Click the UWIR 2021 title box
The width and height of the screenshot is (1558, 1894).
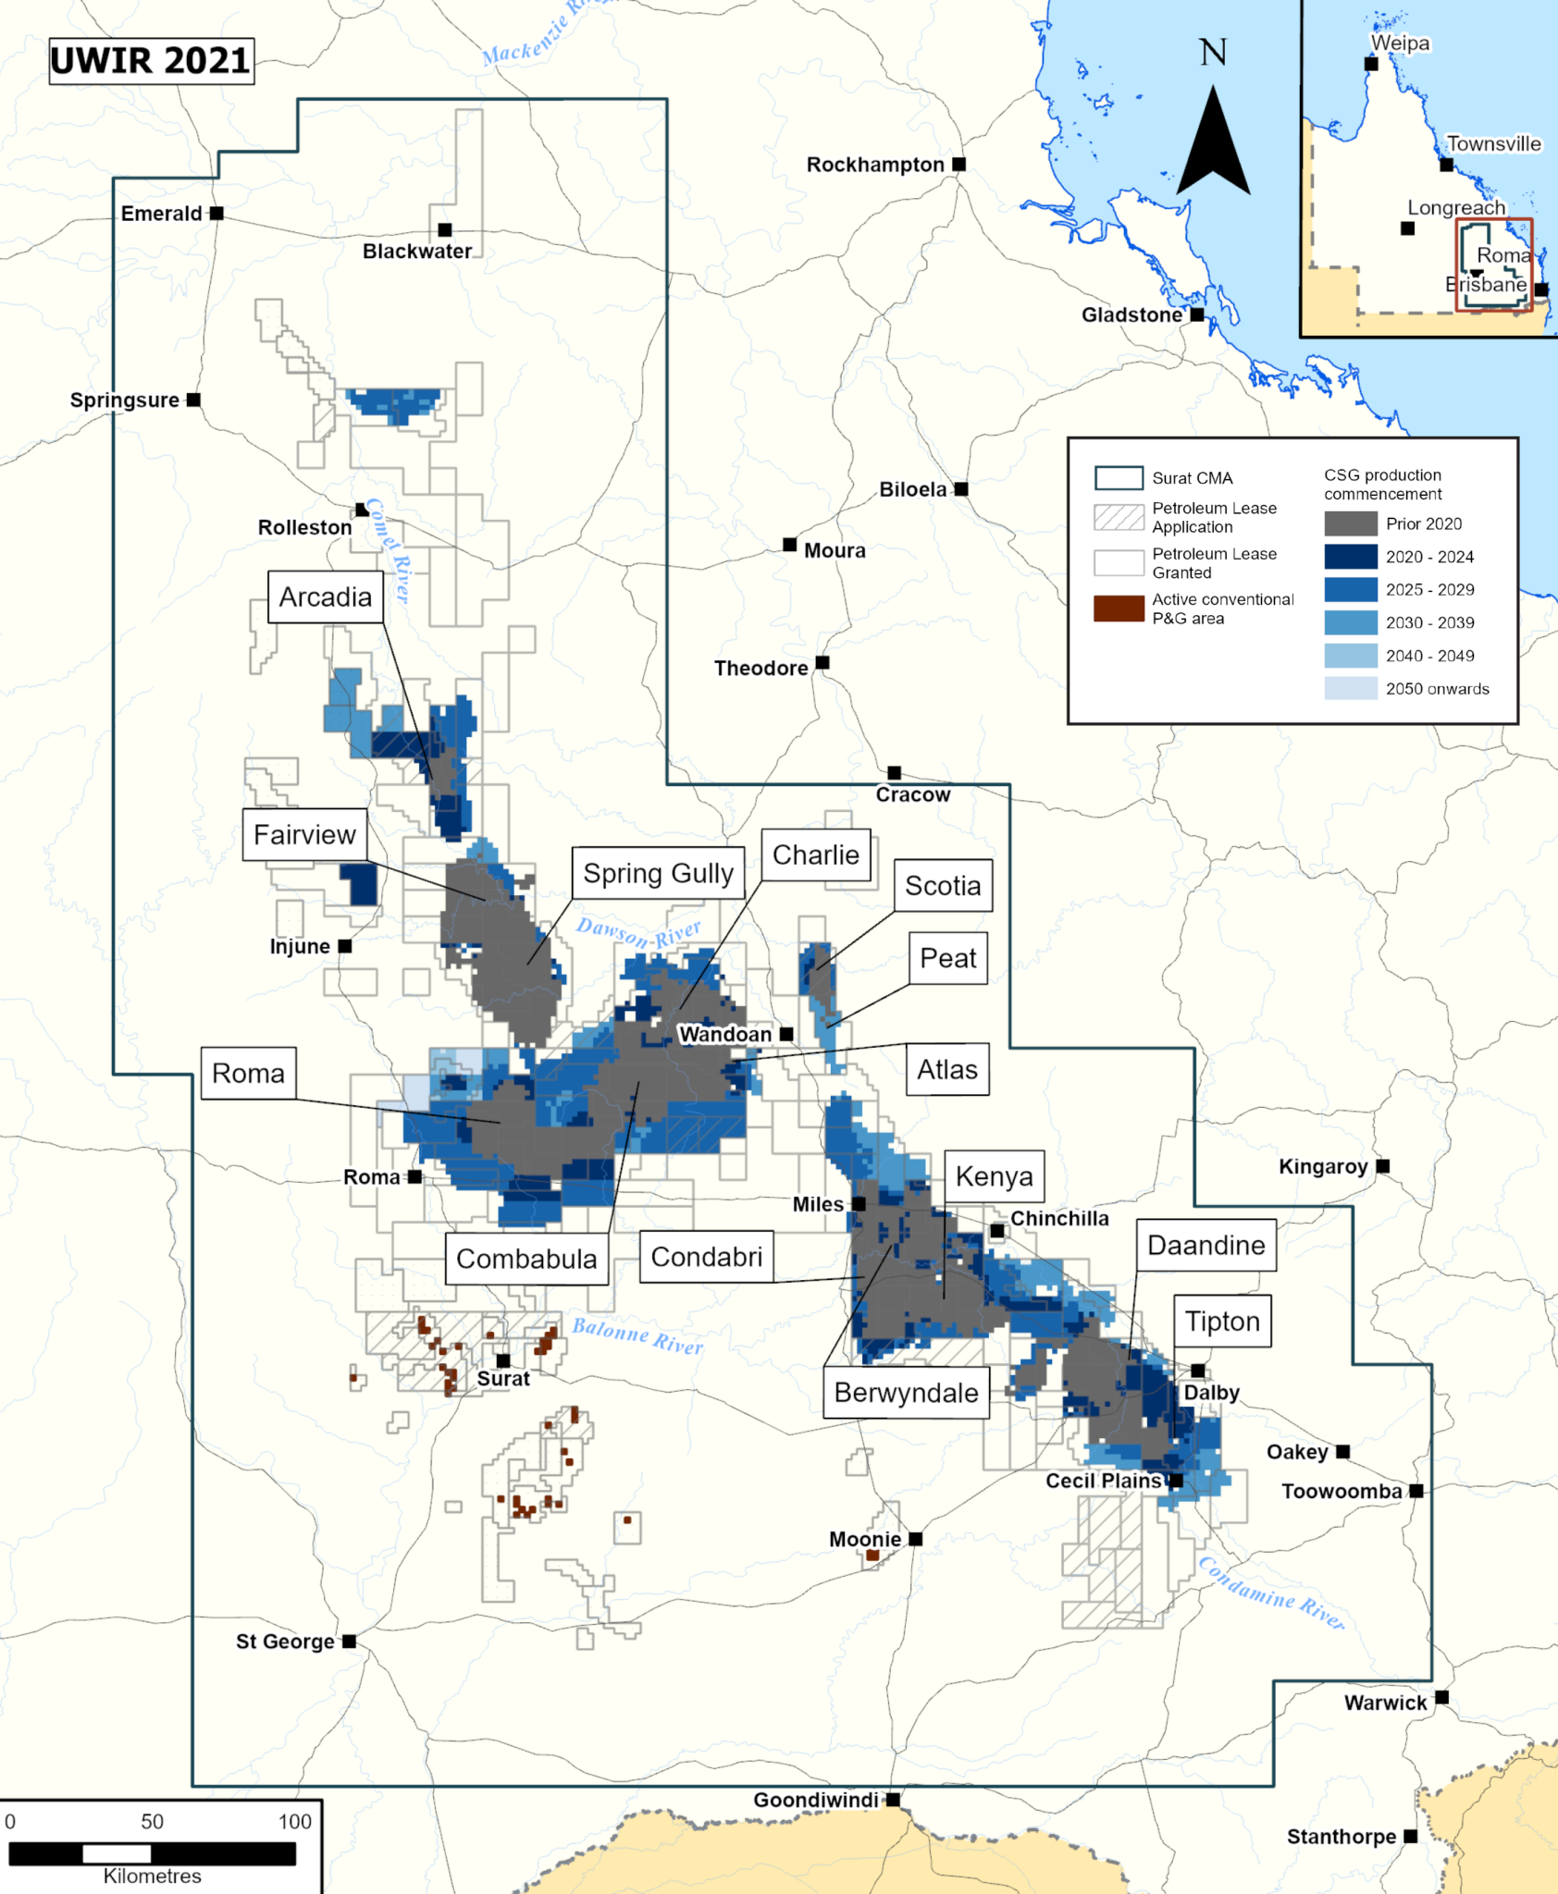(151, 61)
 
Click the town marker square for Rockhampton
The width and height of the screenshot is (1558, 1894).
(959, 165)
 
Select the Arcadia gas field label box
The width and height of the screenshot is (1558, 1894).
(326, 597)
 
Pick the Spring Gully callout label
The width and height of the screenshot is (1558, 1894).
(658, 873)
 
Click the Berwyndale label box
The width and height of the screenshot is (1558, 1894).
(906, 1393)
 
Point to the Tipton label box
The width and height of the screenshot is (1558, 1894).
(1222, 1322)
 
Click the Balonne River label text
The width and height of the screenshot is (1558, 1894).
(637, 1336)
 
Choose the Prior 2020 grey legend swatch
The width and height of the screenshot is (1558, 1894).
(1350, 523)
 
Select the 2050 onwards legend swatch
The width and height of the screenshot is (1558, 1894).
(1350, 688)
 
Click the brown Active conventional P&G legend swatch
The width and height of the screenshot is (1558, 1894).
(1119, 609)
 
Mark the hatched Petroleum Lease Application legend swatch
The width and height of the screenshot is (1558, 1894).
(1119, 517)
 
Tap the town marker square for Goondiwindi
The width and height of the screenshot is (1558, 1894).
(893, 1800)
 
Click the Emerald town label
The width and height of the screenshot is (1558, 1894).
(161, 214)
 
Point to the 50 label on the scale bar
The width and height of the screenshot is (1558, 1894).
(152, 1822)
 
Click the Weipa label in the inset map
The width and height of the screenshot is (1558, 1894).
(1400, 43)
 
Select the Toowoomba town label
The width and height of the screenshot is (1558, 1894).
(1342, 1492)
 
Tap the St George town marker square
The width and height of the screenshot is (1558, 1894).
(349, 1642)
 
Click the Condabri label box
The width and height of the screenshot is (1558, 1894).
(706, 1257)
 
